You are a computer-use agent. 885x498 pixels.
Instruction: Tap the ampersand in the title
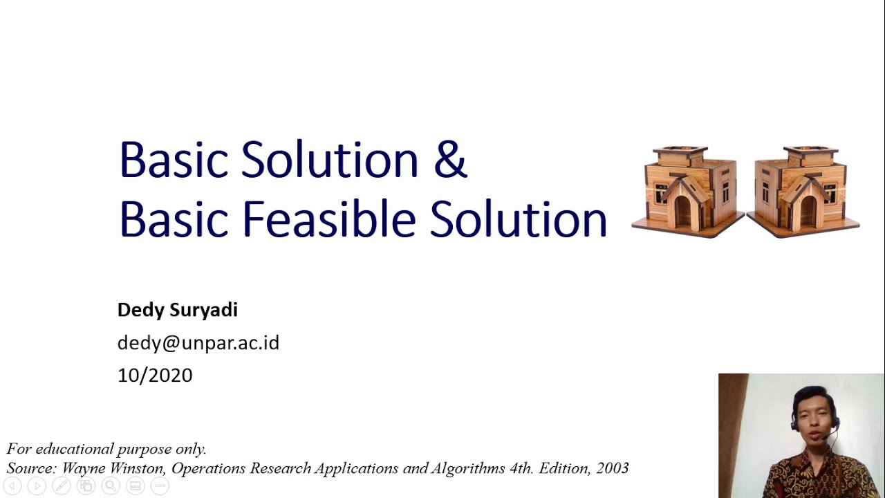pos(450,160)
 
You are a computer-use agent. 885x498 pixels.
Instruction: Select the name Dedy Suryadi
pos(178,310)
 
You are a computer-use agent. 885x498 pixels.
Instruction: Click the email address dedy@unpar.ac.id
pos(198,343)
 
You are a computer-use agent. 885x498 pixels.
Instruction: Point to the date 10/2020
pos(155,376)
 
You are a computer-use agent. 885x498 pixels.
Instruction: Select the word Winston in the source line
pos(141,468)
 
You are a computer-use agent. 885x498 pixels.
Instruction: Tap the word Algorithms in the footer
pos(468,468)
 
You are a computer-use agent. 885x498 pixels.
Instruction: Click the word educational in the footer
pos(75,449)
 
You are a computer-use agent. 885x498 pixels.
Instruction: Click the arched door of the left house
pos(683,211)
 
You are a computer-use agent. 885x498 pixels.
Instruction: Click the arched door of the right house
pos(808,211)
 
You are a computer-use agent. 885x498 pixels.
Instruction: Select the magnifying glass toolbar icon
pos(110,486)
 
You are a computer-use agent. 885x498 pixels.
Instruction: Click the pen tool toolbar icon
pos(61,486)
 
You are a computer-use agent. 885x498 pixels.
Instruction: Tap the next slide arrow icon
pos(37,486)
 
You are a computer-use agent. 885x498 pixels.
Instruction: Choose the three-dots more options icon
pos(160,486)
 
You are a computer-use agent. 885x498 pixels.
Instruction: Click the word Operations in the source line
pos(209,468)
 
